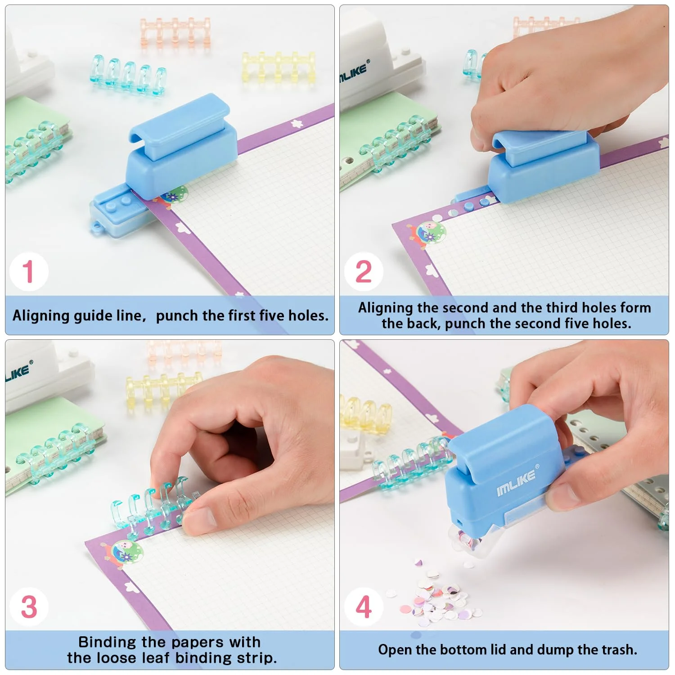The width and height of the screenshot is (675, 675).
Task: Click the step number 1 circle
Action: [29, 271]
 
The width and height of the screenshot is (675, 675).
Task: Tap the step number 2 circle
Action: [364, 271]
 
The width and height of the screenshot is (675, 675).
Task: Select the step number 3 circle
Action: [29, 607]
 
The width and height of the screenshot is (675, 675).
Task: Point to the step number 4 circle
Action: [364, 607]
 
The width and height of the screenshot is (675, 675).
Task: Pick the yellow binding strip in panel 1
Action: [278, 67]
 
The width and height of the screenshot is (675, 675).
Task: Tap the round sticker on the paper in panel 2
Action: [431, 232]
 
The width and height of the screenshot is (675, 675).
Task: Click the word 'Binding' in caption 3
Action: [108, 643]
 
